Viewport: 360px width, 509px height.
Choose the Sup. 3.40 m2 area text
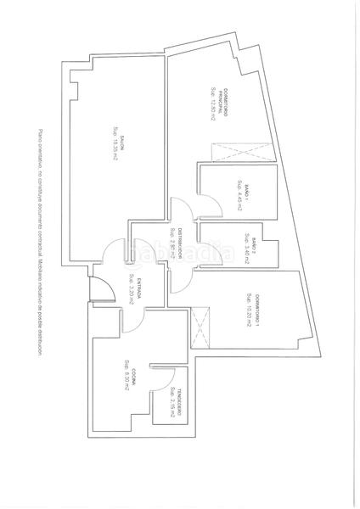pyautogui.click(x=245, y=248)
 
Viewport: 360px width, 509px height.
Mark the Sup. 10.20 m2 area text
pyautogui.click(x=247, y=311)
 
